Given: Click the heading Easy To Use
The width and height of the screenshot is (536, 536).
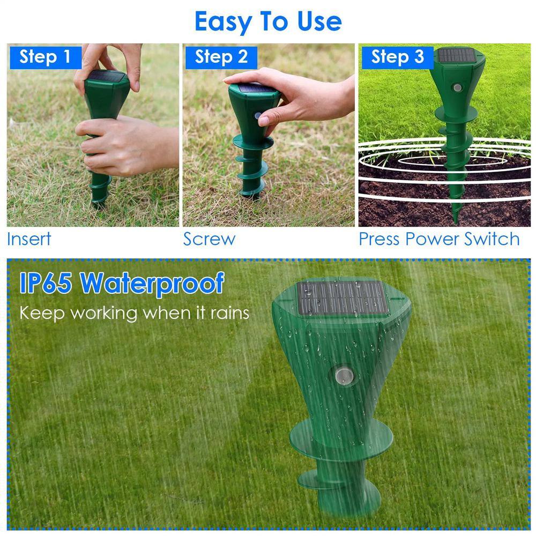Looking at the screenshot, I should point(268,21).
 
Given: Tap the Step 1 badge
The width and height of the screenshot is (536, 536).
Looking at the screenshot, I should point(44,57).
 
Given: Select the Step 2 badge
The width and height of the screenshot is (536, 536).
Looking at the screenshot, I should point(221,57).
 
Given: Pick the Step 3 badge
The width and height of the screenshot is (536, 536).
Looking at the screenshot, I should point(397,57).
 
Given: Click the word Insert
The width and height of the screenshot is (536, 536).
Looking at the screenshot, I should point(29,239).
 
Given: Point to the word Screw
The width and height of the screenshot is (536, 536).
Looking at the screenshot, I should point(209,239).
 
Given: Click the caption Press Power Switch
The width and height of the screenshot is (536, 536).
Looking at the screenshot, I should point(439,239).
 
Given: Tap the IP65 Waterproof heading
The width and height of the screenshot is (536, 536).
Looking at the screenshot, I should point(122,282).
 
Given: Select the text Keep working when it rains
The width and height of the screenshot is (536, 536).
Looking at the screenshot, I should point(135,312).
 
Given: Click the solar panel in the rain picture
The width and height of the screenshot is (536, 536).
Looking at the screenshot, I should point(343,297).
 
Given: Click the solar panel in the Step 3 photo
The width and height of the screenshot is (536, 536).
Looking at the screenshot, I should point(457,55).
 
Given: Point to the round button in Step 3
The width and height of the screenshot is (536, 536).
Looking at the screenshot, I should point(457,87).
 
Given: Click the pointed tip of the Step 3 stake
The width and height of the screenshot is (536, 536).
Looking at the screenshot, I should point(456,220).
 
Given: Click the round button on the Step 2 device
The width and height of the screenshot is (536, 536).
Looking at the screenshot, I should point(258,116).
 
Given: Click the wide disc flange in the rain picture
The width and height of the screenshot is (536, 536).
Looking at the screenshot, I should point(341,437).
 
